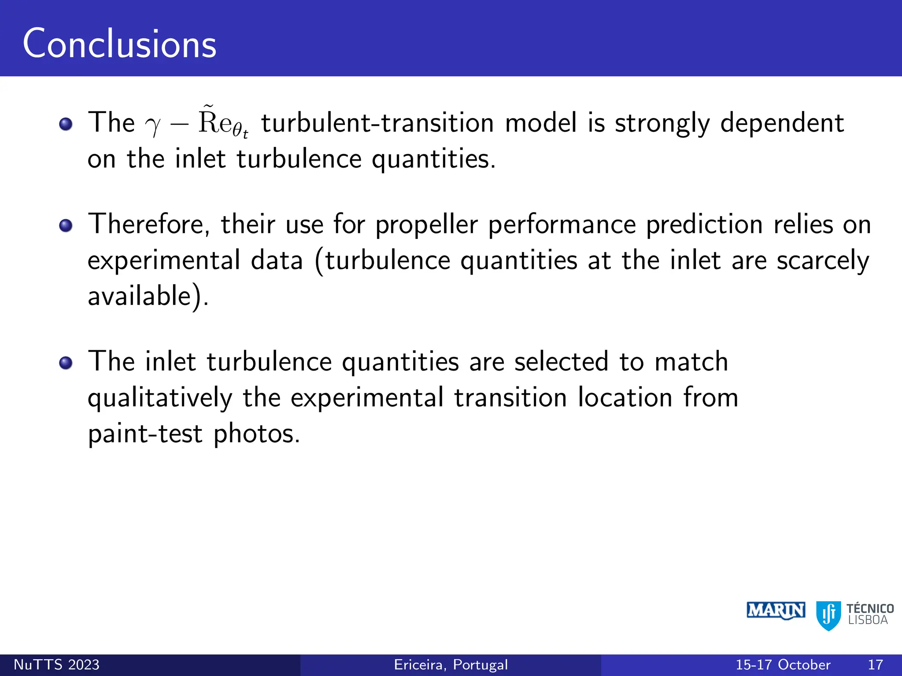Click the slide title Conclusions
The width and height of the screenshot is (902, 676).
pyautogui.click(x=119, y=44)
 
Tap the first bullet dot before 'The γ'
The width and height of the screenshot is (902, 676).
pyautogui.click(x=66, y=124)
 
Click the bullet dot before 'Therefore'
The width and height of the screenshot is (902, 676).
pyautogui.click(x=66, y=226)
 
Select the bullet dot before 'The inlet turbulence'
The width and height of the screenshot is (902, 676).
pyautogui.click(x=66, y=363)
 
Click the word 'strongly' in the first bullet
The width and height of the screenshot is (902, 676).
pyautogui.click(x=662, y=124)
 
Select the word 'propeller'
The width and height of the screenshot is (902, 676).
pyautogui.click(x=426, y=224)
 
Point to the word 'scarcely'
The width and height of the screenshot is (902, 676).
pyautogui.click(x=823, y=261)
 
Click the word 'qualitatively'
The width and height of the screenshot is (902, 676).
pyautogui.click(x=159, y=398)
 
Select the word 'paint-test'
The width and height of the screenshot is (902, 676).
pyautogui.click(x=145, y=434)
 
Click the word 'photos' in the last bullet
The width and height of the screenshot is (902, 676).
pyautogui.click(x=256, y=434)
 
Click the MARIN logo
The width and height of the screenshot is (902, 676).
pyautogui.click(x=776, y=610)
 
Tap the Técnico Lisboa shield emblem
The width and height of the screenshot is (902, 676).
pyautogui.click(x=828, y=615)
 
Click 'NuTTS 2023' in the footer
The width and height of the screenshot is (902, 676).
pyautogui.click(x=56, y=665)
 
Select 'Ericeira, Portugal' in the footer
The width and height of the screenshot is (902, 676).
pyautogui.click(x=451, y=665)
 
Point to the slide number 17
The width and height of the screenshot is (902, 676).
pyautogui.click(x=876, y=665)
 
